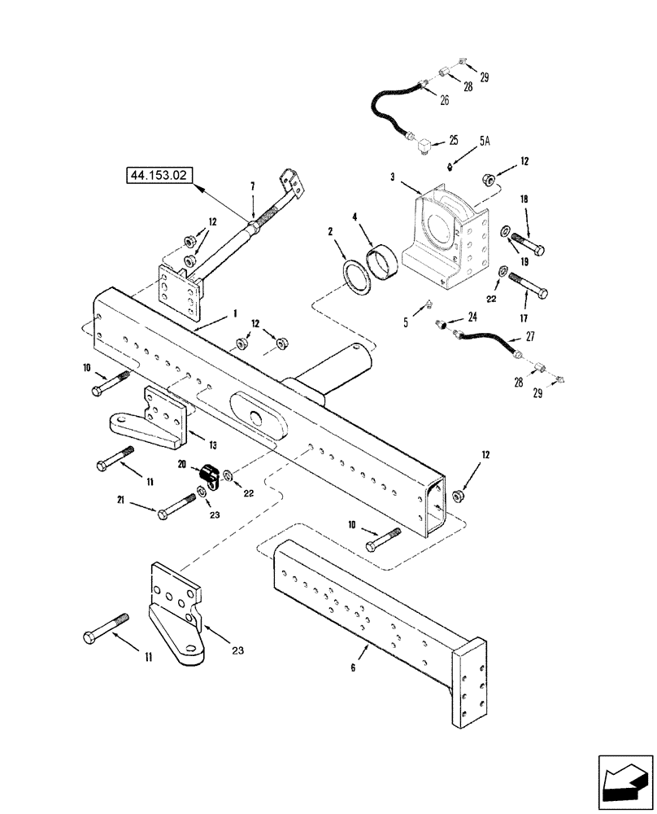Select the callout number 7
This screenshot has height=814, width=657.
(x=252, y=186)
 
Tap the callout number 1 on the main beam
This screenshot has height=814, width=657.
(x=235, y=313)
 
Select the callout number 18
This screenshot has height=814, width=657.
(x=524, y=198)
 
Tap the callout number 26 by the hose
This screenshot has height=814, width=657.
(x=444, y=101)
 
